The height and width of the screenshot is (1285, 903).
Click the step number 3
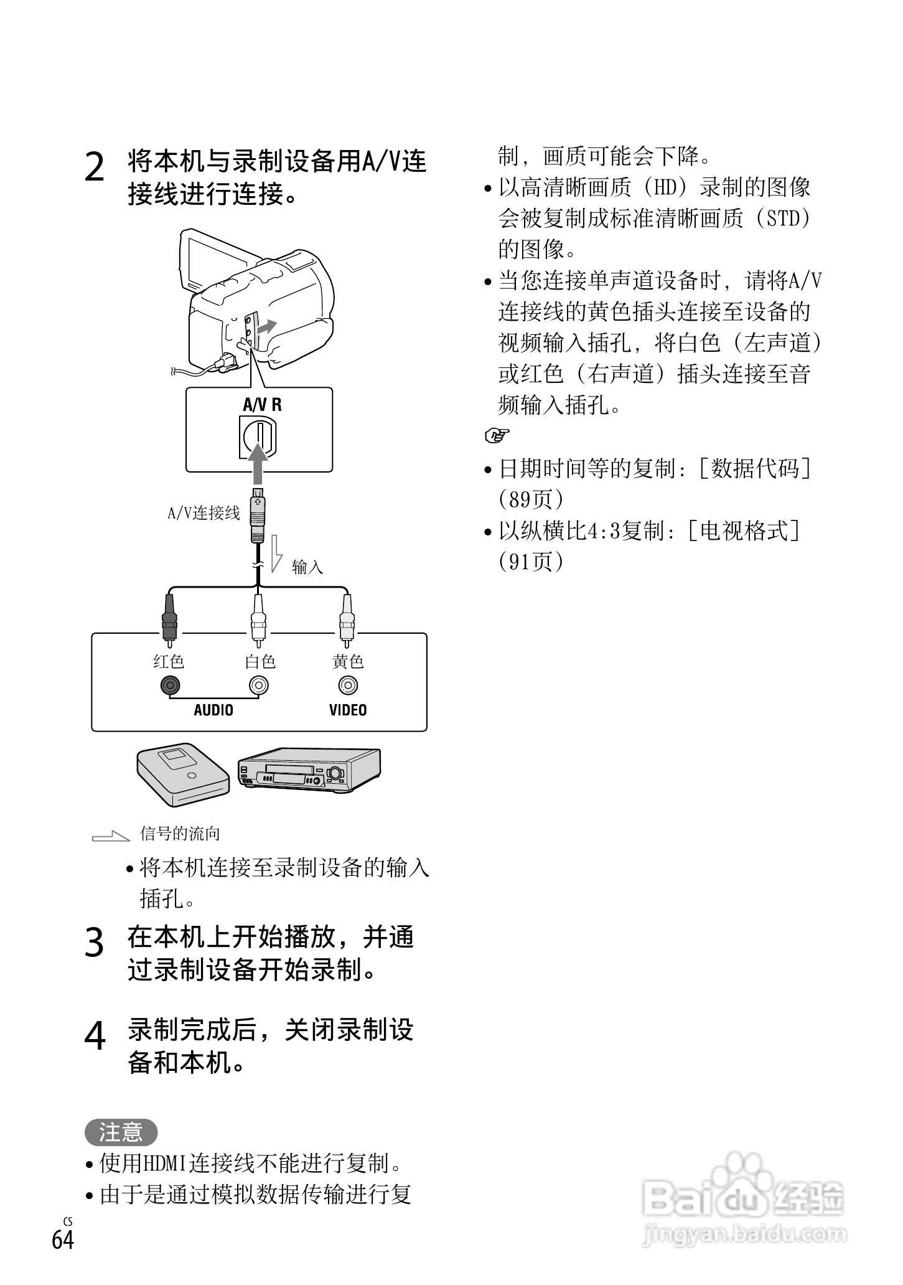(x=94, y=943)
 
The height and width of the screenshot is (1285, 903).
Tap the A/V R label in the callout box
(x=262, y=405)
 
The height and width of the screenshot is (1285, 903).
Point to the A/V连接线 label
(x=204, y=513)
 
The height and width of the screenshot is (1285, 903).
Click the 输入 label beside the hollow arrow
(x=307, y=567)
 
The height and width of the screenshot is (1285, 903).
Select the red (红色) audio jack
(x=169, y=685)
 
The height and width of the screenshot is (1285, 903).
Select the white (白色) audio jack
(x=258, y=685)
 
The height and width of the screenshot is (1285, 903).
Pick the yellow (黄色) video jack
(x=348, y=685)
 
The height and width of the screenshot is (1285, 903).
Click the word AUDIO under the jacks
(x=213, y=710)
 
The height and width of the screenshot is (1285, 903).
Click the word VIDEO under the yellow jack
(x=348, y=710)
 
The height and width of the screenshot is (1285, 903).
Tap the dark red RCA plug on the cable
(x=169, y=619)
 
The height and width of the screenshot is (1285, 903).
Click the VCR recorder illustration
(x=308, y=770)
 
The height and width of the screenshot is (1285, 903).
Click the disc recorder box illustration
(x=183, y=772)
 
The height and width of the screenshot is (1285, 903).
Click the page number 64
(x=62, y=1240)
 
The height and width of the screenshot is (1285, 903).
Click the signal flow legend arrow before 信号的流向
(x=111, y=836)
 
